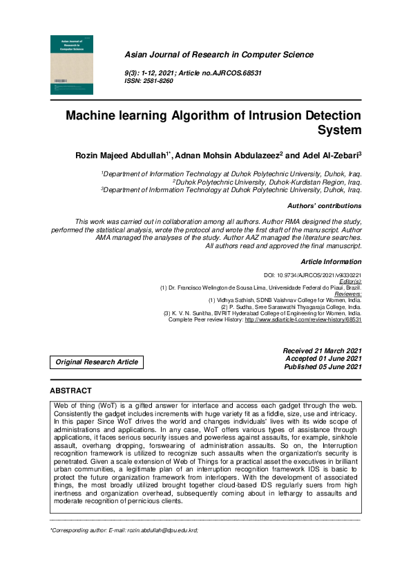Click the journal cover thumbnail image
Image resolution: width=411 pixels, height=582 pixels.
pos(73,64)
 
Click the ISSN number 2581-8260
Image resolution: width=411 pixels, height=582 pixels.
pos(158,81)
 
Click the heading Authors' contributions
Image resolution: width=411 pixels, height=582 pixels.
pos(324,206)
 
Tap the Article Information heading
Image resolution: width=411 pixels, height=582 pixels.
pos(332,262)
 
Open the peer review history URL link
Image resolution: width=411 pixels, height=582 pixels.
pos(303,320)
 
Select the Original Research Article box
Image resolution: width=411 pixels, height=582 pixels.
pos(97,362)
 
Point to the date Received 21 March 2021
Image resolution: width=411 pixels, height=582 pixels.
pos(323,351)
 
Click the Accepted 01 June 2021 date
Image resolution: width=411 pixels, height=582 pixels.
pos(323,359)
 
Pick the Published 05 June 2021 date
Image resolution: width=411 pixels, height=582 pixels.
pos(323,367)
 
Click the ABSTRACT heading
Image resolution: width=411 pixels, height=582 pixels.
pos(71,391)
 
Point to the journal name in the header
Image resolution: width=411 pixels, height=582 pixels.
pos(218,55)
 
